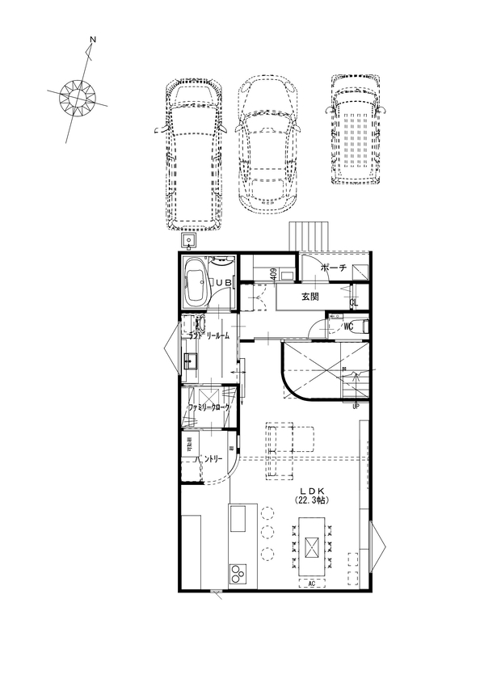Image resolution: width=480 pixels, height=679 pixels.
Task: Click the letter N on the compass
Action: click(x=93, y=40)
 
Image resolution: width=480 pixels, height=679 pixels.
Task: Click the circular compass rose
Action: click(x=79, y=98)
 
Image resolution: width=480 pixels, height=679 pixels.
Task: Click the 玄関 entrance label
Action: click(x=310, y=297)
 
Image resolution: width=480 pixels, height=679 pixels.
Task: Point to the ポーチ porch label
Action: click(x=334, y=268)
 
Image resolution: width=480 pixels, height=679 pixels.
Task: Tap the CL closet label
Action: click(x=353, y=302)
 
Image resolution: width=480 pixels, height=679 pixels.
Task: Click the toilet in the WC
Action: click(x=361, y=327)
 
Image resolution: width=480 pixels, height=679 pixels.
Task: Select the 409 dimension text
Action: click(x=275, y=275)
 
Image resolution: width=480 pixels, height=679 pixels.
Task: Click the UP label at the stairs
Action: click(x=356, y=406)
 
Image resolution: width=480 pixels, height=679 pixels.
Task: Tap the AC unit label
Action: click(x=311, y=583)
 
